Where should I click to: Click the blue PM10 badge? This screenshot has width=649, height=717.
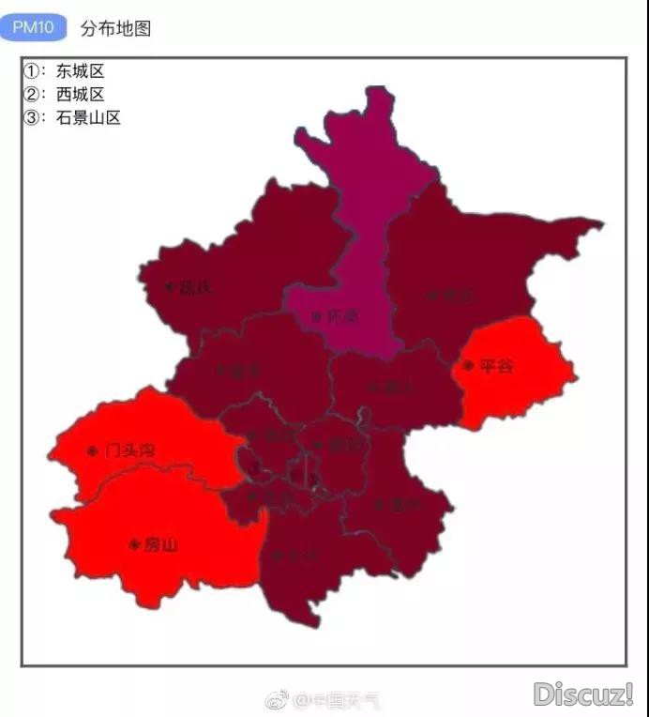coord(33,27)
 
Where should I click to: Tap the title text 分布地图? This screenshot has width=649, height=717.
coord(115,28)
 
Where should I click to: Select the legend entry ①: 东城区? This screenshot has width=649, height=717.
coord(65,71)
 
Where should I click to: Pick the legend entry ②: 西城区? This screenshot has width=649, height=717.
coord(65,94)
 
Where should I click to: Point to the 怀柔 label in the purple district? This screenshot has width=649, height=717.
coord(341,317)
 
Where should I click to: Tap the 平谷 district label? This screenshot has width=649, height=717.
coord(496,366)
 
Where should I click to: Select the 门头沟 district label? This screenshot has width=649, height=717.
coord(129,451)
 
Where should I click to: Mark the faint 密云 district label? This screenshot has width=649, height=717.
coord(454,296)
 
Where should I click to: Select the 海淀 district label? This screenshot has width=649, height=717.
coord(279,435)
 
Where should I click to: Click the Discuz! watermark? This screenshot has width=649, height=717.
coord(583,694)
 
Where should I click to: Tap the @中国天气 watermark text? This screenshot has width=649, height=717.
coord(337,700)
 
